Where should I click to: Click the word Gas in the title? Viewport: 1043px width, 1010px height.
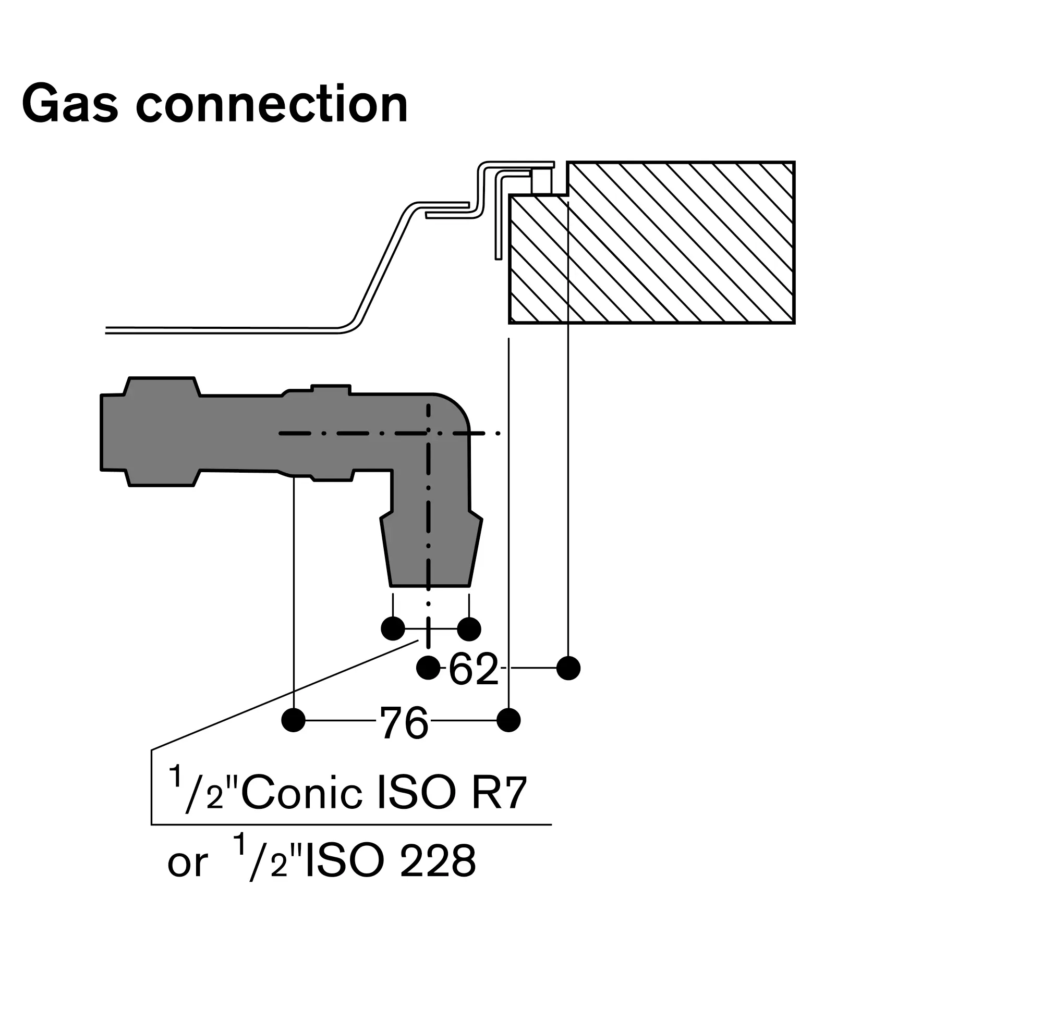coord(70,105)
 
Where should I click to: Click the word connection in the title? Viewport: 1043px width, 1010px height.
coord(272,105)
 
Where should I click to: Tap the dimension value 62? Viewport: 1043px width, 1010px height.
coord(473,670)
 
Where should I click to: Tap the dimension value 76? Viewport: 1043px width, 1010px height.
coord(404,723)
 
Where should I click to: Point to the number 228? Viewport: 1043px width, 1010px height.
coord(438,861)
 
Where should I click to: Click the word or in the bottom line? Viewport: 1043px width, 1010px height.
coord(187,863)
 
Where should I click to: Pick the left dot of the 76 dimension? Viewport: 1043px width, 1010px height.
coord(293,721)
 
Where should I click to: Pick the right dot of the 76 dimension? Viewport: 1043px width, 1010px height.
coord(509,721)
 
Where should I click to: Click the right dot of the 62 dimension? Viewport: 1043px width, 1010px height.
coord(568,668)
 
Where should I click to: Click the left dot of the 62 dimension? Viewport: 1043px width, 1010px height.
coord(428,668)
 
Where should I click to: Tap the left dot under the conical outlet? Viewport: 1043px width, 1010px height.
coord(393,629)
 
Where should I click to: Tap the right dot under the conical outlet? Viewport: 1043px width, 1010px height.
coord(469,629)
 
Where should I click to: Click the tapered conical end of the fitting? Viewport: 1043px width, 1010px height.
coord(431,553)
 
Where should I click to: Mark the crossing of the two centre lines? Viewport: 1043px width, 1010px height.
coord(429,434)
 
